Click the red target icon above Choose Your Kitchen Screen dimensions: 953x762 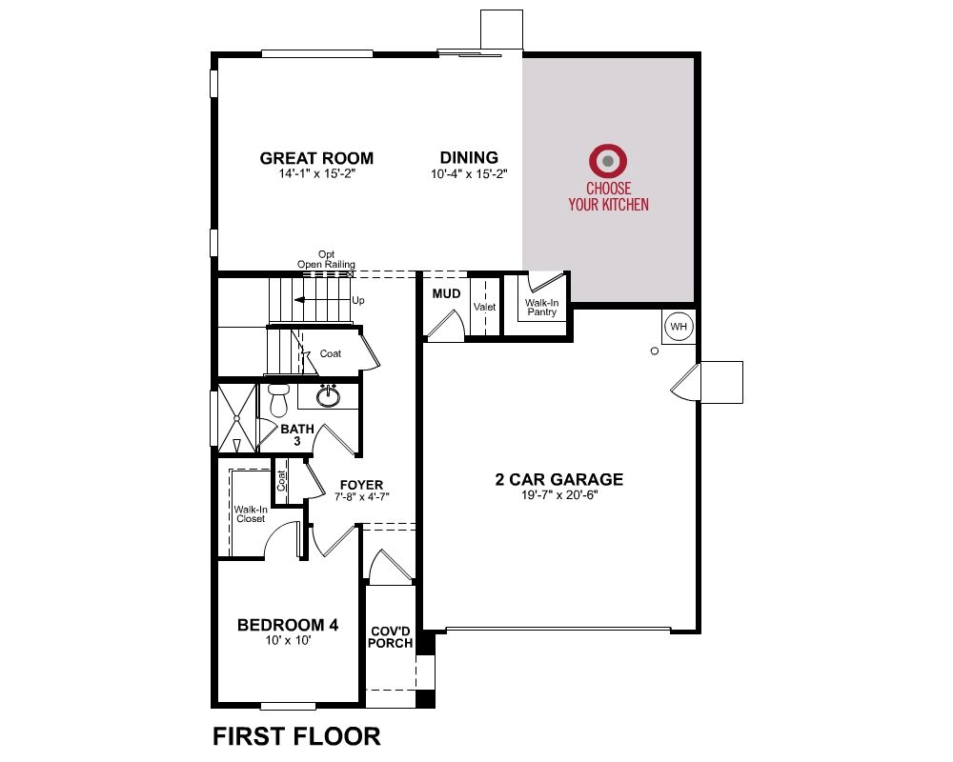pos(608,161)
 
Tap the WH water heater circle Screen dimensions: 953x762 pos(679,327)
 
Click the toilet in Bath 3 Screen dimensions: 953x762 pos(279,399)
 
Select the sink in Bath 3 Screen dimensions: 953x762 pos(328,395)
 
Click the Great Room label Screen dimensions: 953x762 pos(316,158)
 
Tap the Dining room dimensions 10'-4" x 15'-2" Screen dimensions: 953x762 pos(469,174)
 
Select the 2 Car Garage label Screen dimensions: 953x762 pos(559,479)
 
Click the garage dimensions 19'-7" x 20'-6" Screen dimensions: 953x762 pos(559,495)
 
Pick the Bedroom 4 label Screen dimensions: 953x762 pos(288,625)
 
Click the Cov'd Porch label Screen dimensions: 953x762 pos(390,637)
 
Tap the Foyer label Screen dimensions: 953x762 pos(361,485)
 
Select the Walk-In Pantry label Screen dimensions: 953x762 pos(541,308)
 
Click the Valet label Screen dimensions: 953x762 pos(484,307)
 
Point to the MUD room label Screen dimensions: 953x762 pos(446,294)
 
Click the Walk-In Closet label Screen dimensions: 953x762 pos(251,514)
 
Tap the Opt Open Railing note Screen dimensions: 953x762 pos(326,259)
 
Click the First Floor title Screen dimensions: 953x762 pos(296,736)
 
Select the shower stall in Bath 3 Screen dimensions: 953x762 pos(237,417)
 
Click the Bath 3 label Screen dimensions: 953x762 pos(297,435)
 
